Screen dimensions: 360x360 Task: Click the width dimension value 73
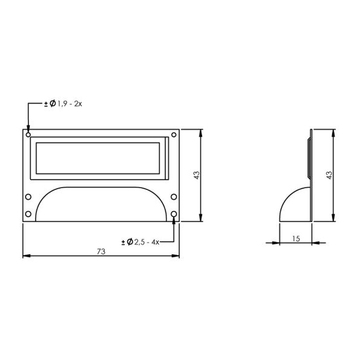tap(101, 250)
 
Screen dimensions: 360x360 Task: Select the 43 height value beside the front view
tap(196, 175)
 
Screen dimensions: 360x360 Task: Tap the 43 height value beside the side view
tap(329, 175)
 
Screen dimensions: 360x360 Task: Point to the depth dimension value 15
tap(296, 238)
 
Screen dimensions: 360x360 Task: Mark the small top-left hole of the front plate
tap(28, 134)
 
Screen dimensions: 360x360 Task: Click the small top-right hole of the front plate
tap(174, 134)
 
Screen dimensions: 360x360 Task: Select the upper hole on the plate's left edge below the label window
tap(27, 197)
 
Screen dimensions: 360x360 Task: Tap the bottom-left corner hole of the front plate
tap(27, 215)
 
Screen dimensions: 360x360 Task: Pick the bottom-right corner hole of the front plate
tap(174, 215)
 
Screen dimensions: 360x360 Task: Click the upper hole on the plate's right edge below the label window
tap(174, 197)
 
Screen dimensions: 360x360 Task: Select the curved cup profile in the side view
tap(290, 203)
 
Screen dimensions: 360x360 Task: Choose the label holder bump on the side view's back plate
tap(309, 159)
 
